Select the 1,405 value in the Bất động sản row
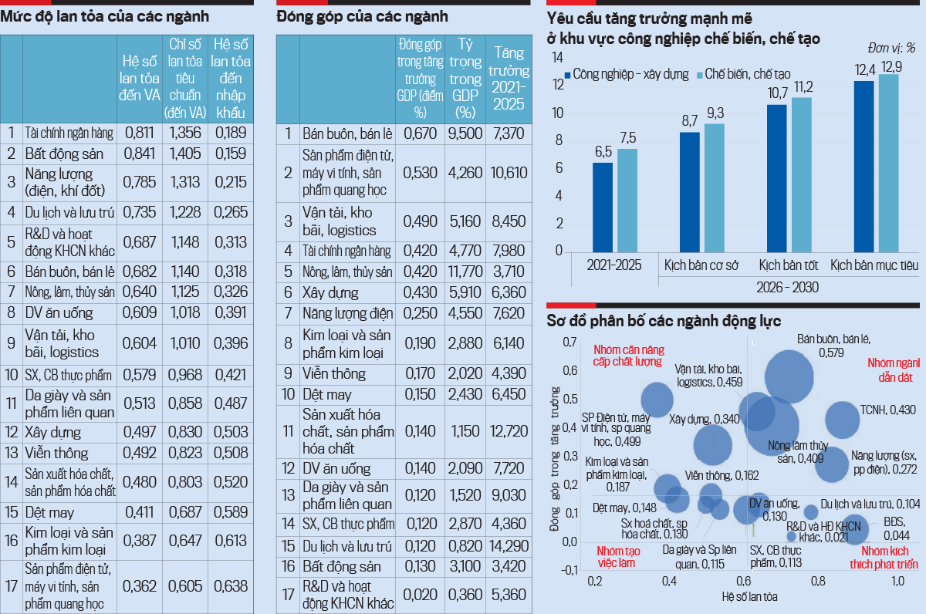click(x=185, y=153)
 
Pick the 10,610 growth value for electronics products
click(x=509, y=174)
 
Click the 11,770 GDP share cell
click(x=465, y=272)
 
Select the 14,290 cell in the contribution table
click(x=509, y=545)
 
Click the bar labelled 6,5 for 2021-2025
click(x=603, y=207)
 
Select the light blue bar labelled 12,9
click(x=889, y=163)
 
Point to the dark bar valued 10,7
click(x=776, y=178)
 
